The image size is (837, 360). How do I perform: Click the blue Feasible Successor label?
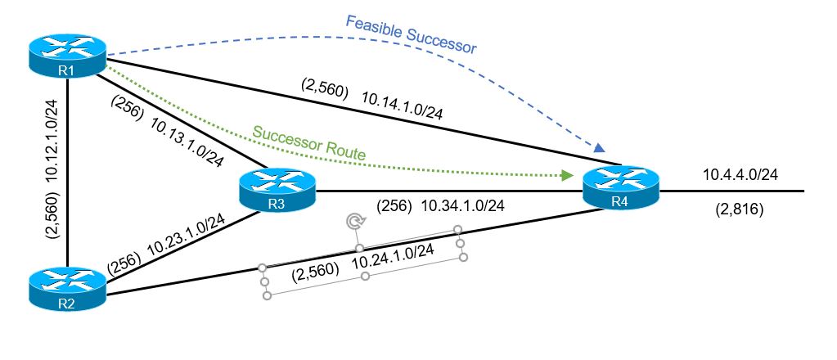click(x=411, y=34)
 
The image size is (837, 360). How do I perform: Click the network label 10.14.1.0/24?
click(x=402, y=107)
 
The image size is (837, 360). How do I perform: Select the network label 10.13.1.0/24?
click(x=187, y=138)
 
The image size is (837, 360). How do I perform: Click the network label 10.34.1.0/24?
click(x=462, y=205)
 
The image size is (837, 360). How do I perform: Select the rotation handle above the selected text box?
click(x=354, y=221)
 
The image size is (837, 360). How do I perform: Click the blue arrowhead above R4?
click(x=600, y=148)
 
